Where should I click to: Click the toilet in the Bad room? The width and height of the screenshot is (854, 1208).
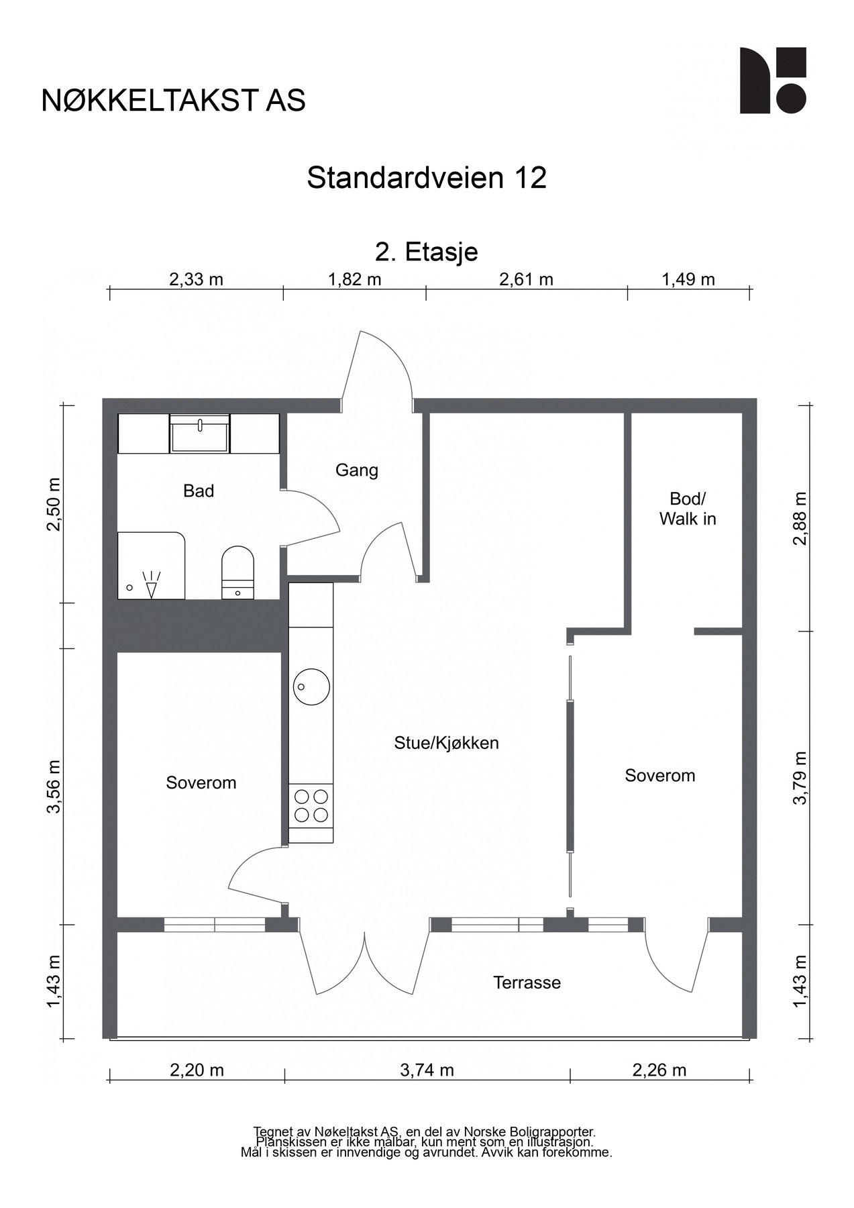[x=237, y=572]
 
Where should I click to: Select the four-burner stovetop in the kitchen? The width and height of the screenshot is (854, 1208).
[x=311, y=805]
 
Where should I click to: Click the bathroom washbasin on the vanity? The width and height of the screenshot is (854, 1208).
[x=200, y=434]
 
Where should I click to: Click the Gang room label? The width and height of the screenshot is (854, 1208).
[x=357, y=470]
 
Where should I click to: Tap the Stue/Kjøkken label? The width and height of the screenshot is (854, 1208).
[x=446, y=743]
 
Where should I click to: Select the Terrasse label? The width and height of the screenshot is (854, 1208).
[x=527, y=983]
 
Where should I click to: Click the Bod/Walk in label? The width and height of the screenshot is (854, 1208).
[x=688, y=509]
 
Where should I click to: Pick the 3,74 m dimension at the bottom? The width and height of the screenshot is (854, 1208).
[x=427, y=1070]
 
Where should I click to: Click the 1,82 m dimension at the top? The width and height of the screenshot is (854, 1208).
[x=354, y=279]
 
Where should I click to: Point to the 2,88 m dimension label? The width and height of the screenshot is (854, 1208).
[x=800, y=518]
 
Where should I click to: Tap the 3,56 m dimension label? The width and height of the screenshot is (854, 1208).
[x=54, y=786]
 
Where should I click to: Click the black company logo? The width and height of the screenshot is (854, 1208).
[x=773, y=81]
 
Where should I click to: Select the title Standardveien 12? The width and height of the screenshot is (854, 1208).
[x=427, y=178]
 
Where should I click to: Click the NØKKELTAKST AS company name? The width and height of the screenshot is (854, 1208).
[x=173, y=101]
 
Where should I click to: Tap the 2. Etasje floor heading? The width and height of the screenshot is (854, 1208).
[x=427, y=252]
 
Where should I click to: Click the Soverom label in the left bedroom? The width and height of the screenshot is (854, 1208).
[x=201, y=783]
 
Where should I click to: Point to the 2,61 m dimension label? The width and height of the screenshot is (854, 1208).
[x=526, y=279]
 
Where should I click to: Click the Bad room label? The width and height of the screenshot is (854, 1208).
[x=199, y=491]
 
